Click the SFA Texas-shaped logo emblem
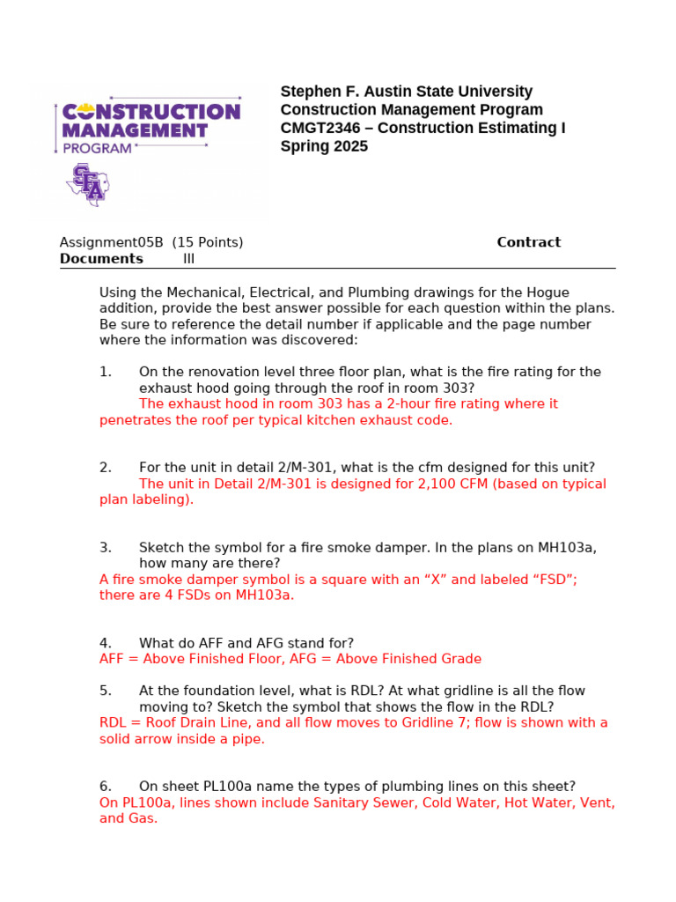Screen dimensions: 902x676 pyautogui.click(x=86, y=184)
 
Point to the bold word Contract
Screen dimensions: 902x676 pyautogui.click(x=528, y=242)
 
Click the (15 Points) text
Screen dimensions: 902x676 pyautogui.click(x=208, y=242)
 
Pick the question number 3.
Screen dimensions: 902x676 pyautogui.click(x=105, y=547)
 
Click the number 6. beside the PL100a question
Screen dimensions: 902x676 pyautogui.click(x=105, y=786)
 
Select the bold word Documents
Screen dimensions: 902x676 pyautogui.click(x=101, y=259)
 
